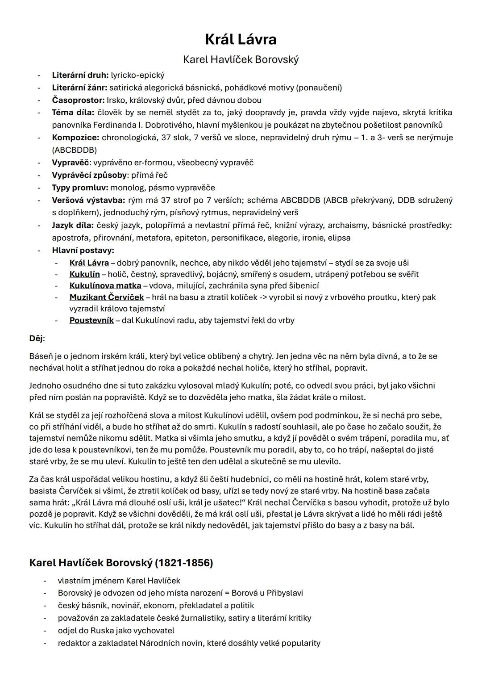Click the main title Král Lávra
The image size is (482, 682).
[x=241, y=39]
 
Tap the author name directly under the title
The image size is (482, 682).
[x=241, y=59]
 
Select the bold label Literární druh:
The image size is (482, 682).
[x=80, y=75]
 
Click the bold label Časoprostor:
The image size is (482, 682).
[x=78, y=100]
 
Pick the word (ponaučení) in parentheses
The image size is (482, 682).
[x=319, y=88]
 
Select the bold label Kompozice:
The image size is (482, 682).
[x=75, y=138]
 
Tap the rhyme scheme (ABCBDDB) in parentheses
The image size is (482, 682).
[x=74, y=150]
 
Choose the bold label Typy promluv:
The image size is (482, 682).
[x=80, y=188]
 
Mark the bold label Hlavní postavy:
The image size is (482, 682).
[x=83, y=250]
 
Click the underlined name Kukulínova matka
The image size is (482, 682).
[x=105, y=285]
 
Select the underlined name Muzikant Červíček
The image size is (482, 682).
[x=107, y=297]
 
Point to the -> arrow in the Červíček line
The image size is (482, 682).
[x=265, y=297]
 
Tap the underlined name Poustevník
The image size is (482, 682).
[x=91, y=320]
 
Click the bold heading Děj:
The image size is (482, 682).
[x=37, y=338]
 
